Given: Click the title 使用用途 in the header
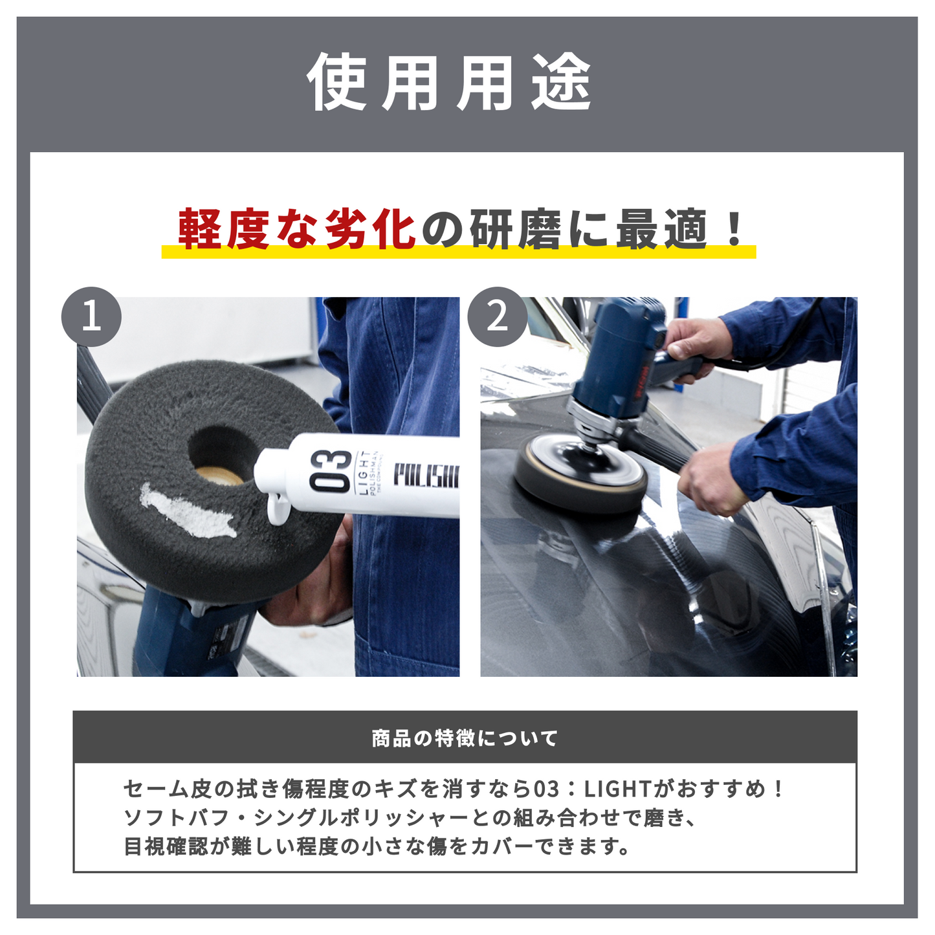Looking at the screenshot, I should coord(450,83).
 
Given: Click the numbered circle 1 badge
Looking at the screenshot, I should coord(91,317).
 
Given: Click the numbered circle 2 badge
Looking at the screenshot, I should coord(497,317).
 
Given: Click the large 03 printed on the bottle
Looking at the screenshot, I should coord(331,470).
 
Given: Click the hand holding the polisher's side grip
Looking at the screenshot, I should coord(712,479).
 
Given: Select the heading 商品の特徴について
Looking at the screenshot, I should coord(465,738).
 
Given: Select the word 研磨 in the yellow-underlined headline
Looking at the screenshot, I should coord(516,230).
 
